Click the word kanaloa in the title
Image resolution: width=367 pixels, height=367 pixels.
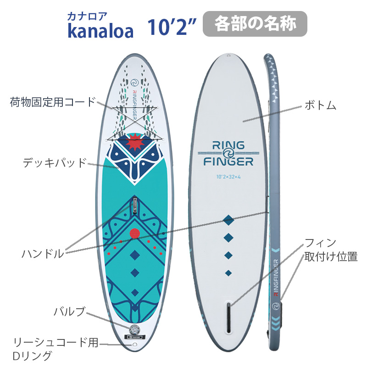pyautogui.click(x=100, y=31)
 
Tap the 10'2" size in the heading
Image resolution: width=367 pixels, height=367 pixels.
pyautogui.click(x=172, y=27)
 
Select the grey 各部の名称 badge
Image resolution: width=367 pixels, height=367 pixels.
pyautogui.click(x=255, y=24)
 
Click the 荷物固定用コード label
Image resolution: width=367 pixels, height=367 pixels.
pyautogui.click(x=53, y=102)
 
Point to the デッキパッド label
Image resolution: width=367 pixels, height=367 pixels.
pyautogui.click(x=55, y=162)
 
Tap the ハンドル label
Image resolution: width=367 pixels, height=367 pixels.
pyautogui.click(x=43, y=254)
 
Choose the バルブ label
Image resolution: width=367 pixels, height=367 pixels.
pyautogui.click(x=69, y=311)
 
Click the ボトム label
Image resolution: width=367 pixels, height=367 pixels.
pyautogui.click(x=320, y=106)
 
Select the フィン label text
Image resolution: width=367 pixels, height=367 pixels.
pyautogui.click(x=320, y=243)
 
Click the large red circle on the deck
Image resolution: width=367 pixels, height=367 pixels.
pyautogui.click(x=134, y=234)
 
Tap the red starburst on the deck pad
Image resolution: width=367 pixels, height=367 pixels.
pyautogui.click(x=135, y=142)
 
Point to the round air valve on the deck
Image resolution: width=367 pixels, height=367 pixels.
pyautogui.click(x=135, y=330)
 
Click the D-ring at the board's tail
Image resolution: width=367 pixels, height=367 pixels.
pyautogui.click(x=135, y=345)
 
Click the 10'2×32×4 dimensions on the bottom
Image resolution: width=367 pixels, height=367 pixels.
pyautogui.click(x=228, y=177)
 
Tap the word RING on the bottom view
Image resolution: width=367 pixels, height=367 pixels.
pyautogui.click(x=228, y=145)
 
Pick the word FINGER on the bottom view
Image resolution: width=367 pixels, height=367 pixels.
pyautogui.click(x=228, y=161)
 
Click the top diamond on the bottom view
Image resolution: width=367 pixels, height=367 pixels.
pyautogui.click(x=228, y=220)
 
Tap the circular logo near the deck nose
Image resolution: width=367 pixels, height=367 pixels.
pyautogui.click(x=135, y=83)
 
